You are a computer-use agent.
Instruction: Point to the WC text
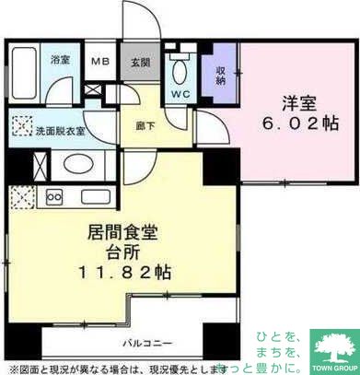pyautogui.click(x=181, y=92)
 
